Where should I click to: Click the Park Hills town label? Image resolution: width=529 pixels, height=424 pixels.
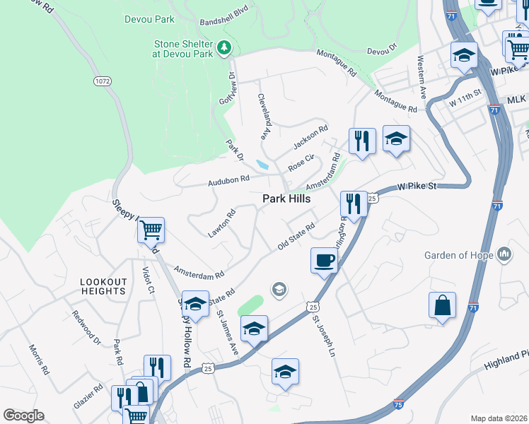(x=286, y=200)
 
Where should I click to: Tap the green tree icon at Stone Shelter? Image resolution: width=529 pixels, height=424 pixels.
(x=225, y=48)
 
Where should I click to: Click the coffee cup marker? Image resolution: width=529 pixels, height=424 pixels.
(x=325, y=261)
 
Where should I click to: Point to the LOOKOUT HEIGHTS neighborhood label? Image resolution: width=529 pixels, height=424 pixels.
(x=103, y=287)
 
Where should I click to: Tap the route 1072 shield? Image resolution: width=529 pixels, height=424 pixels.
(x=102, y=81)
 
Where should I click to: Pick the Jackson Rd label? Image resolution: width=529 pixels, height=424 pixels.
(x=311, y=139)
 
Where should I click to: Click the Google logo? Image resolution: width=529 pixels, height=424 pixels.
(x=23, y=416)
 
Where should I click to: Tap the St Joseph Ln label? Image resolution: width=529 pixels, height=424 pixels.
(x=323, y=335)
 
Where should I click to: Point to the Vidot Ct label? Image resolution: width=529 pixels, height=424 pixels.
(x=148, y=279)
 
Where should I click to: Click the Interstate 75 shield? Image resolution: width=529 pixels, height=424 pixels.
(x=397, y=404)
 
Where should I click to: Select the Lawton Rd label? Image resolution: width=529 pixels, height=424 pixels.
(x=221, y=223)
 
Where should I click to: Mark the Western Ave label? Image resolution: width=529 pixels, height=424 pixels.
(x=422, y=77)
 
